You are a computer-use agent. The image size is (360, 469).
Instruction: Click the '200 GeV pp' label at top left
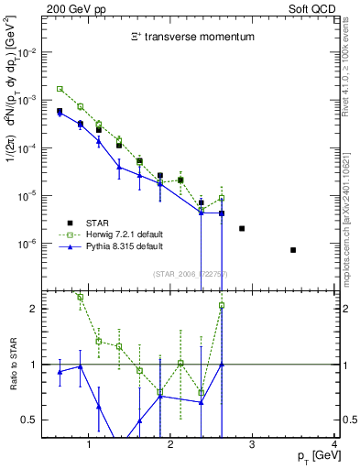click(x=74, y=8)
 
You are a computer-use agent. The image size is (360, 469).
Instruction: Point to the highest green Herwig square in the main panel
click(x=60, y=89)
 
